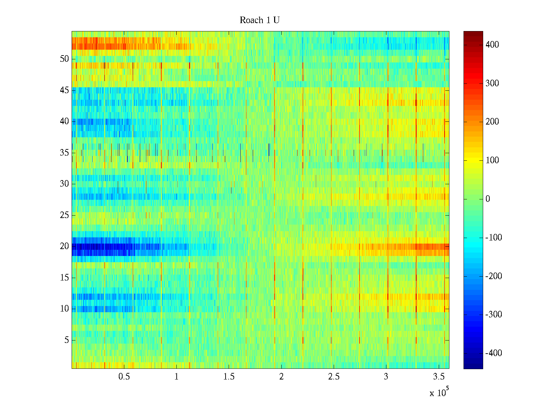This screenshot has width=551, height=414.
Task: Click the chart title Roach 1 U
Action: pos(259,20)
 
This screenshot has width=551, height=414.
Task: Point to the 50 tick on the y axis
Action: pos(64,59)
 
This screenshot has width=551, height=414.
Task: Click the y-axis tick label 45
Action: pos(64,90)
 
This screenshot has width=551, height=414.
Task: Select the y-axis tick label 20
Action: pos(64,246)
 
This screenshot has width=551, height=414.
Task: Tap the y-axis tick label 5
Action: pos(66,340)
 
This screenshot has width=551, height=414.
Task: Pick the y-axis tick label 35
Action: pos(64,152)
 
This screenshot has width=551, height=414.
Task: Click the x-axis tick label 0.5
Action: pos(124,377)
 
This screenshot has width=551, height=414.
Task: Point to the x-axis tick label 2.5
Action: pos(334,377)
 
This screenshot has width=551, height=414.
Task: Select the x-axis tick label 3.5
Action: pos(438,377)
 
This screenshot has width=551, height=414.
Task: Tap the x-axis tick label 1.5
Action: pos(229,377)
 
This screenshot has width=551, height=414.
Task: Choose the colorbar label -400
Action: pos(493,353)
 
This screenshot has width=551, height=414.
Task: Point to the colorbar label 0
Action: pos(488,199)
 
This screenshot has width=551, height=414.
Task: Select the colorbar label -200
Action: pos(493,276)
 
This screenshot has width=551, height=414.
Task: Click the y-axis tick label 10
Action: pos(64,309)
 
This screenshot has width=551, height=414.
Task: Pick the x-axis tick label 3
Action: pos(386,377)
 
